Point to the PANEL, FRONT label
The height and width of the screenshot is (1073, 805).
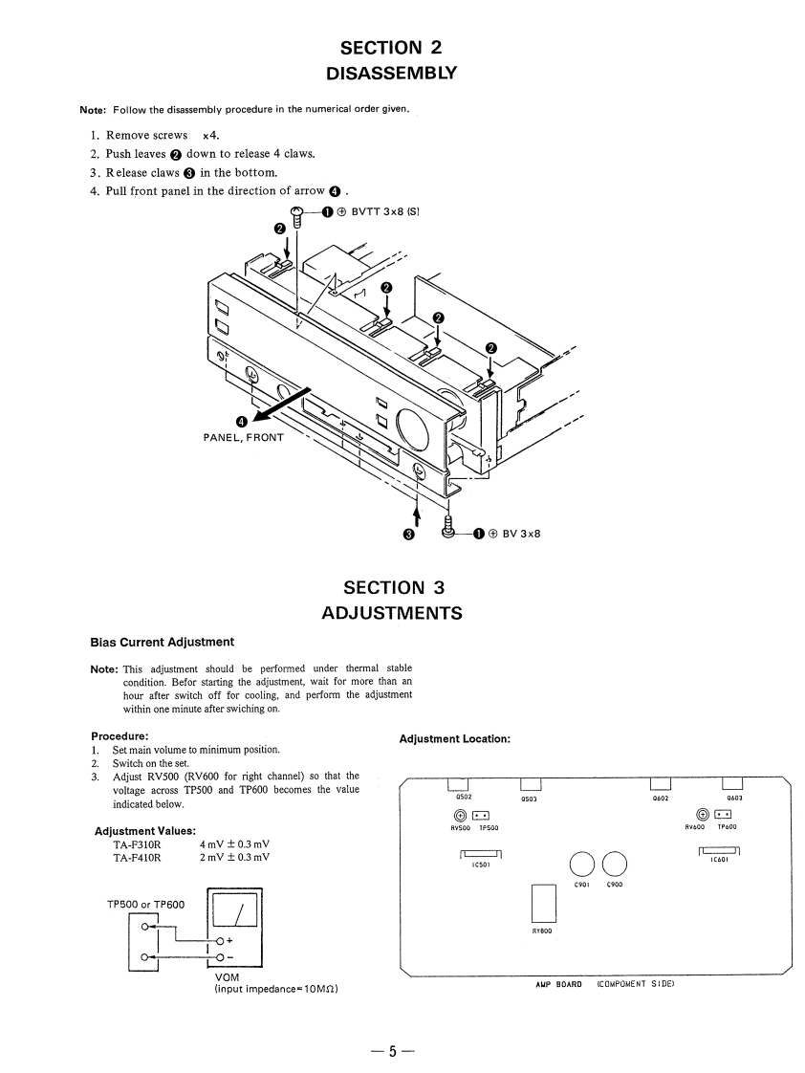point(243,437)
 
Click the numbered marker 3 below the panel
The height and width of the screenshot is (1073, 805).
point(408,534)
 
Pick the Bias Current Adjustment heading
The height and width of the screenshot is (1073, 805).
point(162,641)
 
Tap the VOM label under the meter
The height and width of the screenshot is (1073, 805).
point(228,976)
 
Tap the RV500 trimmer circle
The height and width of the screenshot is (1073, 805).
point(461,815)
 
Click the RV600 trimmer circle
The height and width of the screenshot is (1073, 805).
point(705,815)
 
